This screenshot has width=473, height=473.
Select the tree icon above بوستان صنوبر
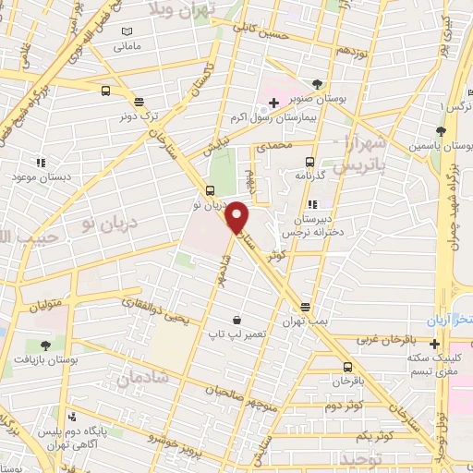318,83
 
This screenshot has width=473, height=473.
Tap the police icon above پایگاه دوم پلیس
72,415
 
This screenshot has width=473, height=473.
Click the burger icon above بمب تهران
305,308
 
